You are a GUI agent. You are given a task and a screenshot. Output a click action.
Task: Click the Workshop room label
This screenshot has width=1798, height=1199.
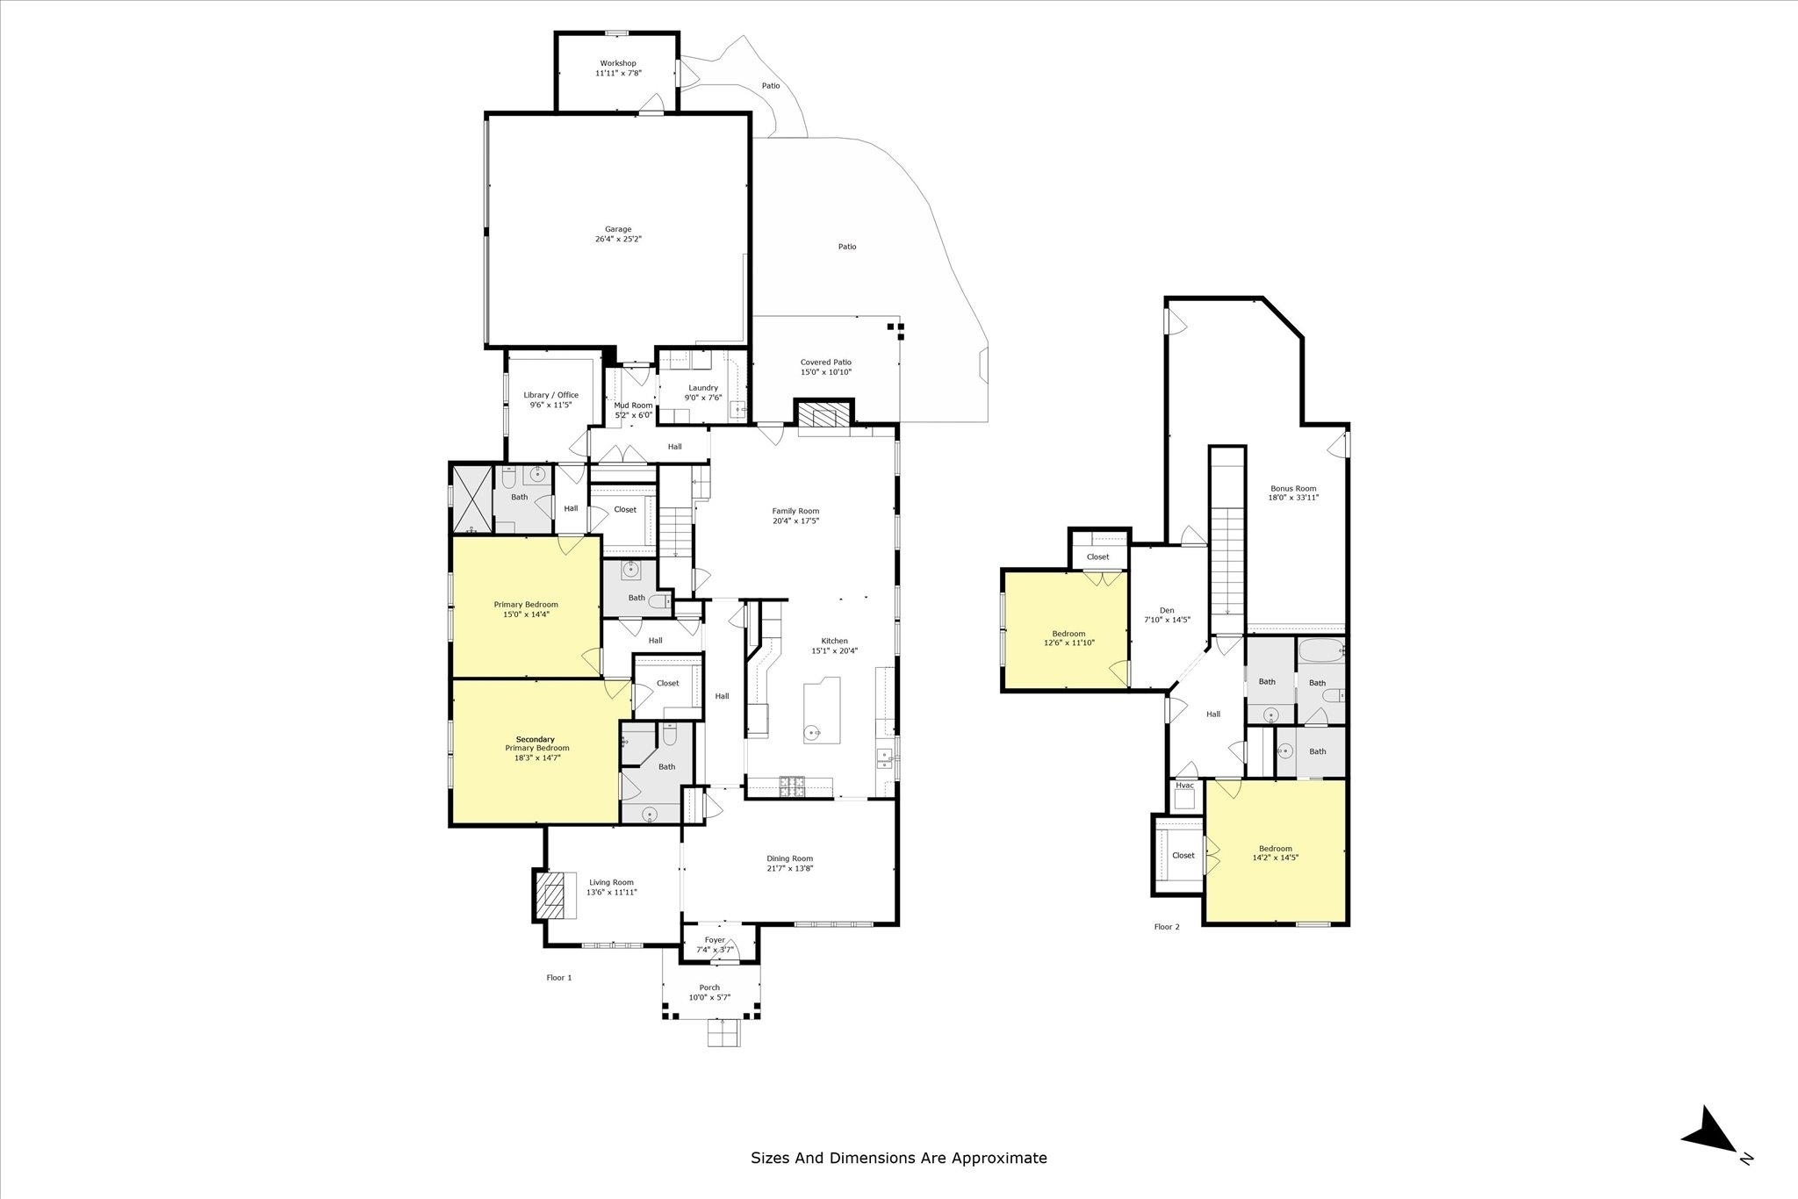pos(618,63)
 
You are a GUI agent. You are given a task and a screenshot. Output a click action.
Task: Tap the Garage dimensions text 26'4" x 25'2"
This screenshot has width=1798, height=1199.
pos(618,239)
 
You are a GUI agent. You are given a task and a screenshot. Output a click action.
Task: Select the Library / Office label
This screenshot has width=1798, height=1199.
pos(551,395)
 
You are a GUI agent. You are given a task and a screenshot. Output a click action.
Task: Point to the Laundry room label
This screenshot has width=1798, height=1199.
pos(703,388)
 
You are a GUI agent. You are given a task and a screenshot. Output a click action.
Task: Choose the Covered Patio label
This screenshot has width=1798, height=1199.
pos(826,363)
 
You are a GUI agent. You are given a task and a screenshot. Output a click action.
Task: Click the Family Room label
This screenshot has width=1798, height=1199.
pos(795,511)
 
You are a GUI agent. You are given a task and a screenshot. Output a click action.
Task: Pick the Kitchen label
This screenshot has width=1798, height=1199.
pos(834,641)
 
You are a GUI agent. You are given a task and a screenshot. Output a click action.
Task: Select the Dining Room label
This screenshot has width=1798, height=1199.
pos(790,858)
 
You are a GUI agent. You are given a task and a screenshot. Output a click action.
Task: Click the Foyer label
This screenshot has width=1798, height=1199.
pos(715,940)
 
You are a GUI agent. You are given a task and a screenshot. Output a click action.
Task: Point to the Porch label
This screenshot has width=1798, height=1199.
pos(709,987)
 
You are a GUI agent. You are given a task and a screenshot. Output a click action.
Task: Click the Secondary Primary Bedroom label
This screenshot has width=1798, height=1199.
pos(536,743)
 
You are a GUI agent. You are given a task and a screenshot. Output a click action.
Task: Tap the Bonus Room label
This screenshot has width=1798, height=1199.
pos(1294,489)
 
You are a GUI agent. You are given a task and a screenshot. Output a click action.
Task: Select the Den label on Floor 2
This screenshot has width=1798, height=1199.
pos(1167,610)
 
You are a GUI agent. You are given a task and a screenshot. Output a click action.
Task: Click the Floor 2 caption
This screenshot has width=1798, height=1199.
pos(1167,926)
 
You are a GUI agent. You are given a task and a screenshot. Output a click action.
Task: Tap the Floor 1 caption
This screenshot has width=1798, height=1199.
pos(559,977)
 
